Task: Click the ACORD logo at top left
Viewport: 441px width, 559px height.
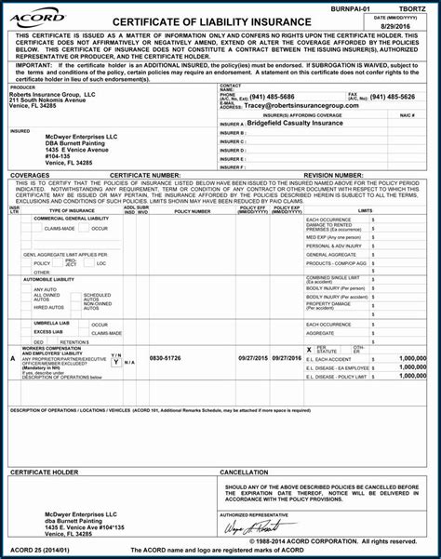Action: (38, 18)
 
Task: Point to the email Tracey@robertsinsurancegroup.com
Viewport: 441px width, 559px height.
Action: (299, 105)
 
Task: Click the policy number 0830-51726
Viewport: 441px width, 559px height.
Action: (166, 358)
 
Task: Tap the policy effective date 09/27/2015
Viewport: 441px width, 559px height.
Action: (254, 358)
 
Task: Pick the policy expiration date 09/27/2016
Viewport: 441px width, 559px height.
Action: (283, 358)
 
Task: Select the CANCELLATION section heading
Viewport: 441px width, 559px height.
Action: (245, 472)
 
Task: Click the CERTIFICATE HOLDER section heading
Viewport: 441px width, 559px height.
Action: (44, 472)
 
